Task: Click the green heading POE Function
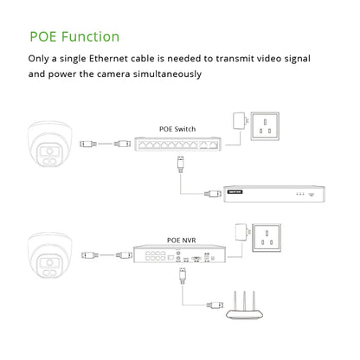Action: tap(74, 36)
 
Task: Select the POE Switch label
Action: tap(177, 129)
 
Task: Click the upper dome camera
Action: tap(45, 144)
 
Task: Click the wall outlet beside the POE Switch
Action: tap(265, 126)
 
